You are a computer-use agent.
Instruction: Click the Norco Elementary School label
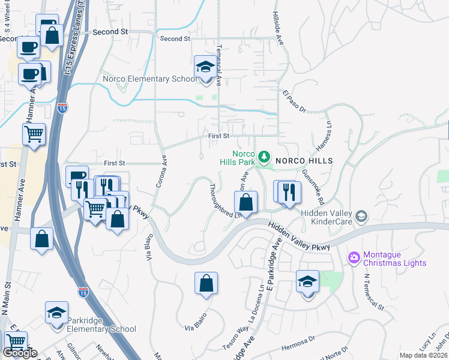click(149, 79)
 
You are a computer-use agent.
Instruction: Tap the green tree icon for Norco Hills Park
click(264, 157)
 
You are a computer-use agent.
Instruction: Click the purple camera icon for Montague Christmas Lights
click(354, 257)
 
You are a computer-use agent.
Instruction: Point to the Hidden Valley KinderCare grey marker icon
click(361, 215)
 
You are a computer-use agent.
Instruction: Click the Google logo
click(20, 353)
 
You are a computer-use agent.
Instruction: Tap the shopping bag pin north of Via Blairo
click(206, 284)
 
